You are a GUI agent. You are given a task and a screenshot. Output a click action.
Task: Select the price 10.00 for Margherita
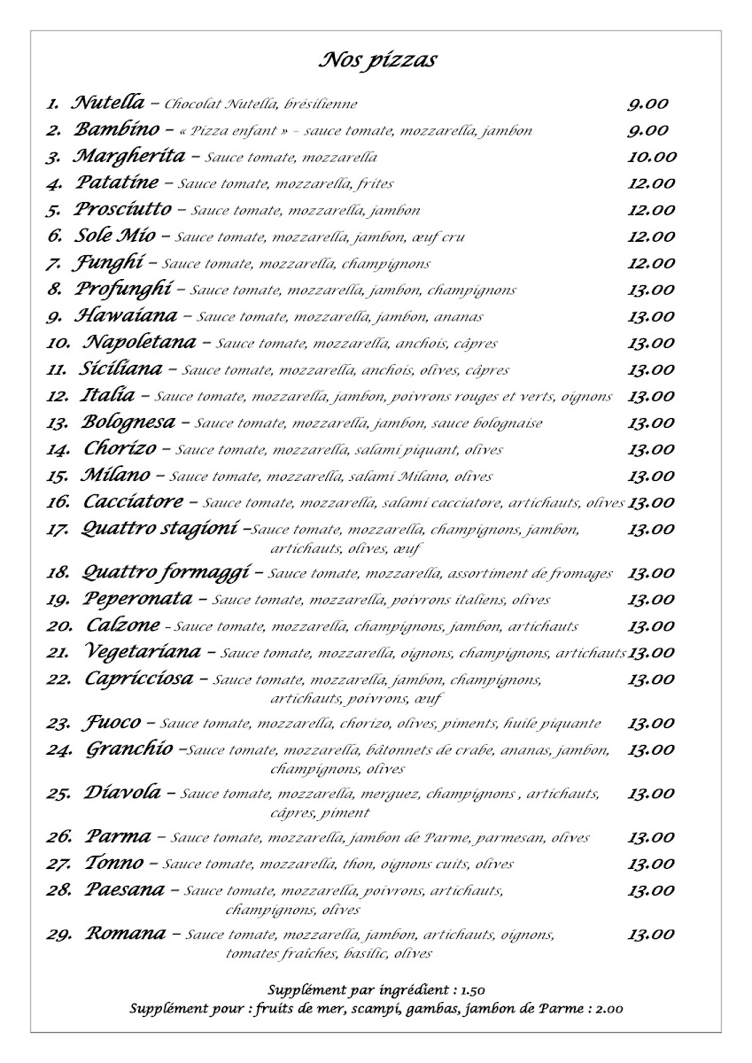click(651, 158)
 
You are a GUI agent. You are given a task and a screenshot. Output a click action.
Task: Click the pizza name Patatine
click(116, 183)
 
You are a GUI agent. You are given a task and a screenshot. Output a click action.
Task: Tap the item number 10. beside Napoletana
click(58, 344)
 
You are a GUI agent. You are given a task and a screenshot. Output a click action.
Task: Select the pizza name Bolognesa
click(128, 423)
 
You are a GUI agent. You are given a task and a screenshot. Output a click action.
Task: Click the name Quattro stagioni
click(159, 530)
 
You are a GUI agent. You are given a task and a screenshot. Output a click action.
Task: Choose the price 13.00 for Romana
click(651, 935)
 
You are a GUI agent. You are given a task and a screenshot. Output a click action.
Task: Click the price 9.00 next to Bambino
click(647, 130)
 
